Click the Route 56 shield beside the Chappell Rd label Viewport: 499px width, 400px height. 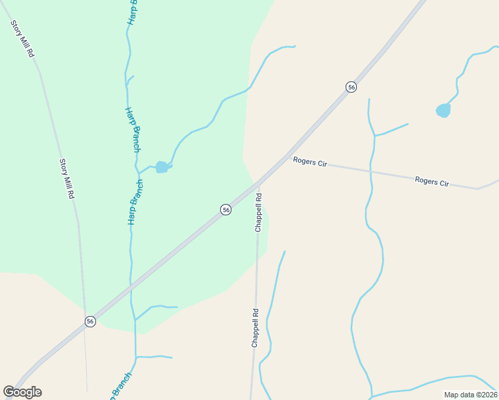226,210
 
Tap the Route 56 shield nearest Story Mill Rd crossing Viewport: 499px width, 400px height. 90,321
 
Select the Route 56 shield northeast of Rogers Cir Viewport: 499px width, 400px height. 351,87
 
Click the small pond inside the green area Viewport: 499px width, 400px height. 161,167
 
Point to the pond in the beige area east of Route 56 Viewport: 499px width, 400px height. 443,110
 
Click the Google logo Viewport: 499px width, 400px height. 22,392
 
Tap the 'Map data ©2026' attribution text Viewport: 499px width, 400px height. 470,395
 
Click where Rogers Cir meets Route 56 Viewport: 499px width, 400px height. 288,157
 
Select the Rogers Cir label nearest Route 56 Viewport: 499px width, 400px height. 310,162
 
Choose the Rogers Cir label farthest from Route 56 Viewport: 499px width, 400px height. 432,181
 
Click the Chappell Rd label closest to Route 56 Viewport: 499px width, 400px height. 258,213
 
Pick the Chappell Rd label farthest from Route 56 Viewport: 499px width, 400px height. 255,327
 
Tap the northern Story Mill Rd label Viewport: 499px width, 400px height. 22,39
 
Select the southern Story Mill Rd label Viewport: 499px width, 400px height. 66,179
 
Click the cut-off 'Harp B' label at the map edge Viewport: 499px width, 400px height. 131,12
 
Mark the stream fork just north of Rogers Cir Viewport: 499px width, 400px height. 375,135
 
